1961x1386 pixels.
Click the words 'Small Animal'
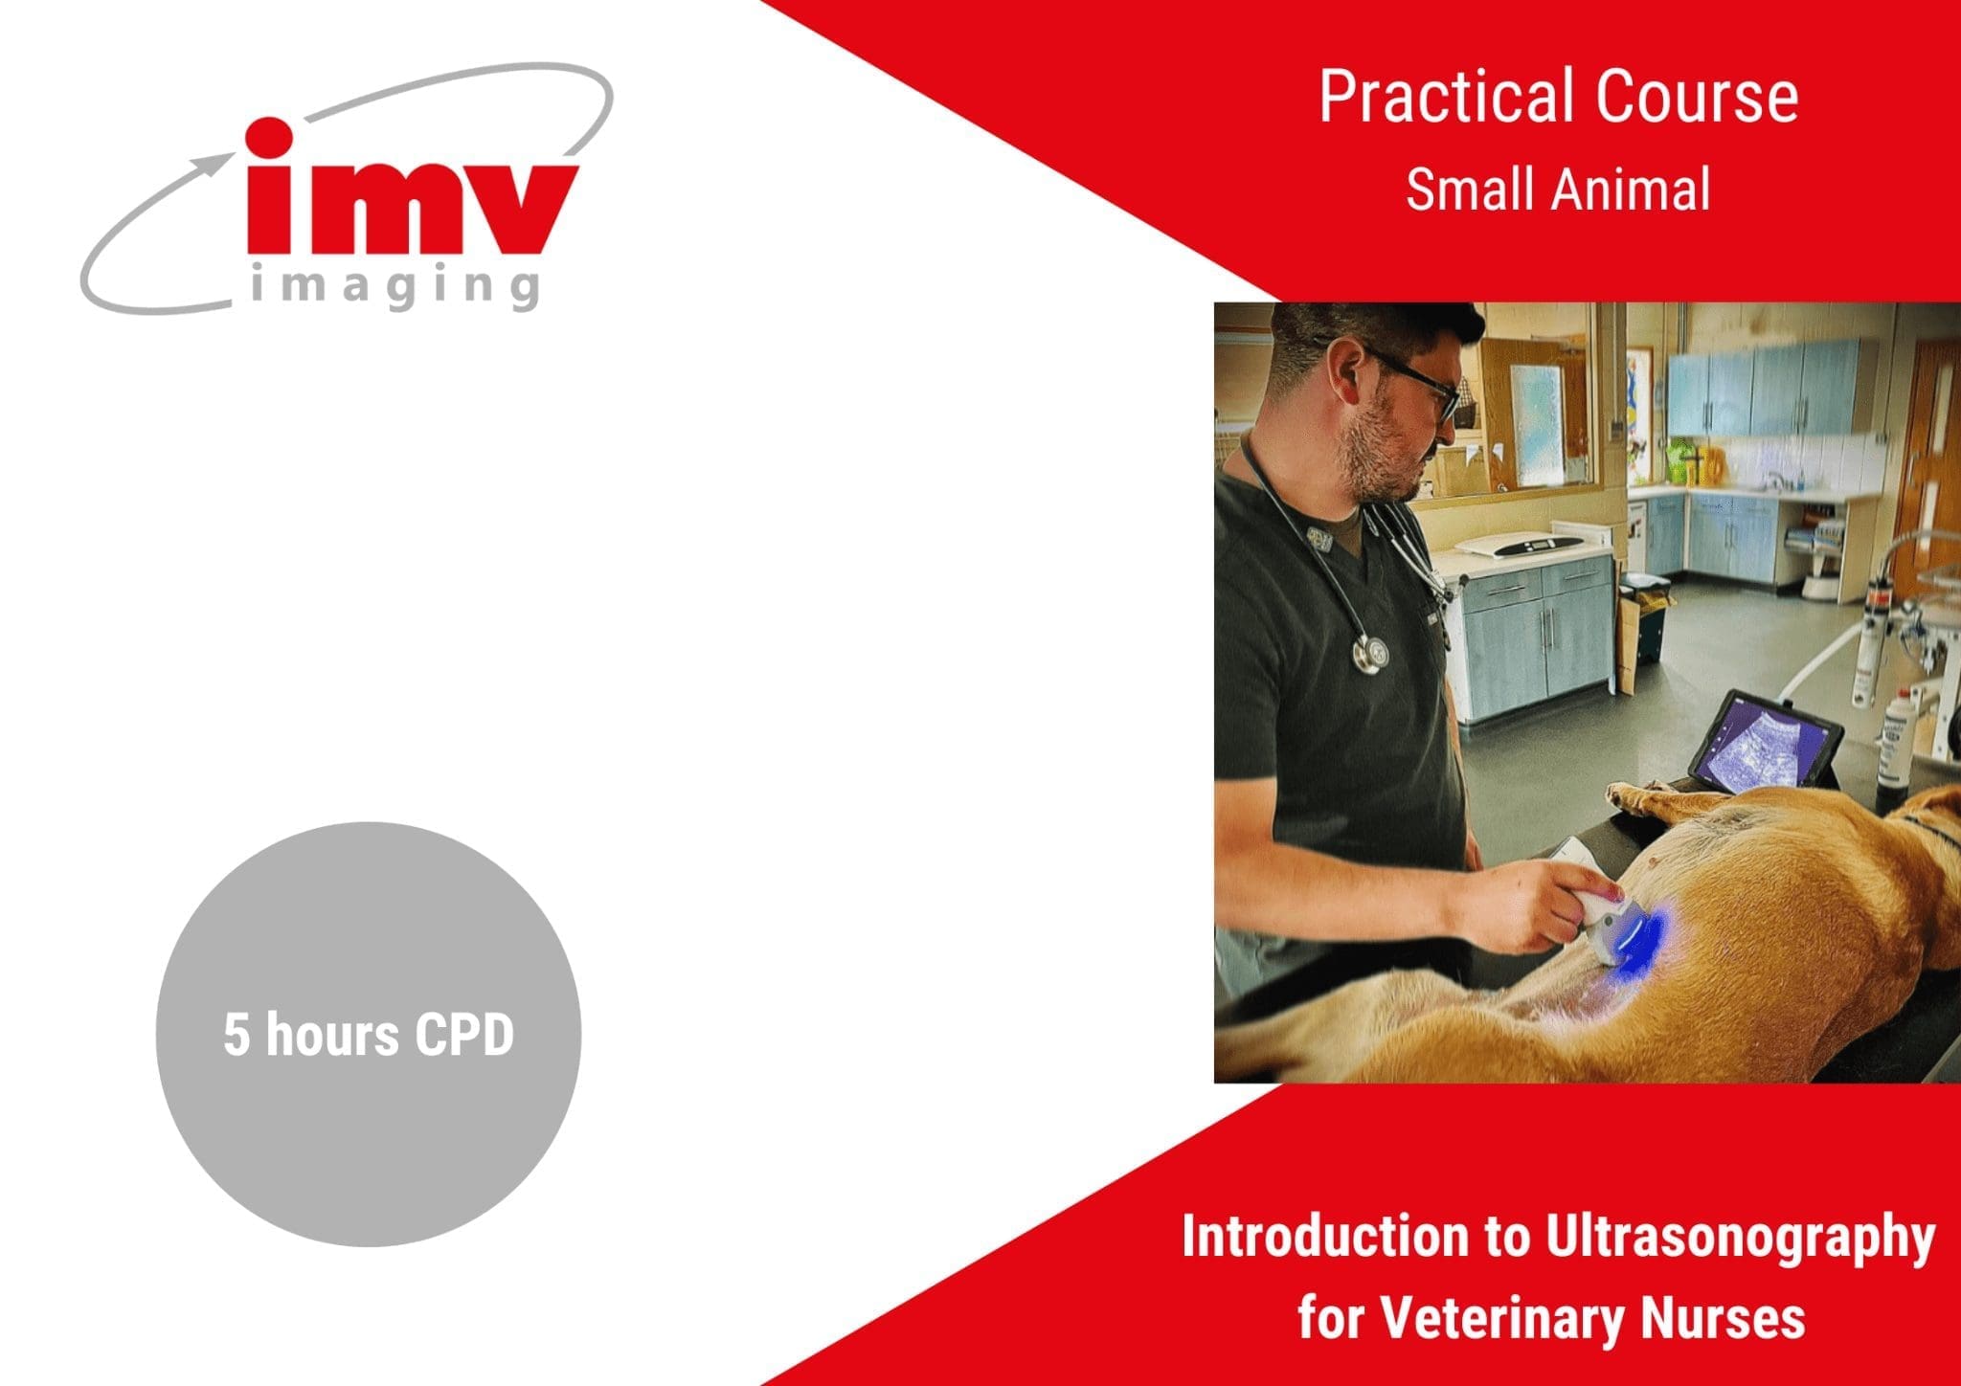[1558, 189]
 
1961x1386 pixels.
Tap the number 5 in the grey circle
[236, 1036]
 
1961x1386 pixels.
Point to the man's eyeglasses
[1417, 383]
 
